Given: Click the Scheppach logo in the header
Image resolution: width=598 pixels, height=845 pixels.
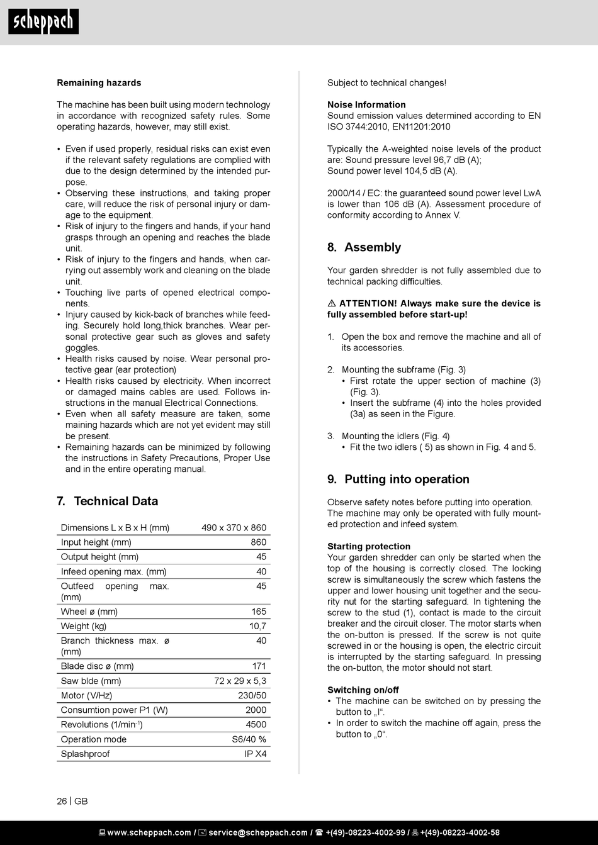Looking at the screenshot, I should click(x=43, y=22).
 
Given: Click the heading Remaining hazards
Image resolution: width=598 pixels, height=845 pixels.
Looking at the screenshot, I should click(x=99, y=83).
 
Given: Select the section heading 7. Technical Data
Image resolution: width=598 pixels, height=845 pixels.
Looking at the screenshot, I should click(x=107, y=501).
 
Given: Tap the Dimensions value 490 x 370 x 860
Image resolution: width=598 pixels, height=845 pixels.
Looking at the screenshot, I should click(x=234, y=528).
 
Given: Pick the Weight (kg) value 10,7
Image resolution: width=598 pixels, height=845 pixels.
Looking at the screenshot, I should click(x=257, y=626).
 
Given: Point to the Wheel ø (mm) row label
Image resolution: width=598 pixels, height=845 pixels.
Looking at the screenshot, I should click(x=89, y=612).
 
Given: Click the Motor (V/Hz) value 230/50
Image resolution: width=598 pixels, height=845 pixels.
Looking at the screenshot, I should click(x=252, y=695).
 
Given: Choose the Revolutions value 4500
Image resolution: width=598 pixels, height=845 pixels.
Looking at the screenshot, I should click(x=256, y=725).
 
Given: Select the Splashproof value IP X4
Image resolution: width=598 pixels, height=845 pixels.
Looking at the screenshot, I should click(x=255, y=754).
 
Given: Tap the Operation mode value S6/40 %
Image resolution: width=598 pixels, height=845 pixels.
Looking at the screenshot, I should click(x=249, y=739).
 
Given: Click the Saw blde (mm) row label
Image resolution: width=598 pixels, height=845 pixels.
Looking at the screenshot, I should click(x=91, y=681).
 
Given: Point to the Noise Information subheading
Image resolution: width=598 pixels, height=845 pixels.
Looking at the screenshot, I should click(x=366, y=105).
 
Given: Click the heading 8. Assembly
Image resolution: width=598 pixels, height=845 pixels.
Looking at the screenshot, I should click(x=364, y=247).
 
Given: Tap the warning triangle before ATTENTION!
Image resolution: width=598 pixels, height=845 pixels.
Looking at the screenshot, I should click(x=332, y=304).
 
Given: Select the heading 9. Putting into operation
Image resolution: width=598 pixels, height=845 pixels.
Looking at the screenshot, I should click(x=398, y=479).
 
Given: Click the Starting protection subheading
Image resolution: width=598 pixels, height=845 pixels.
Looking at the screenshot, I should click(x=369, y=547).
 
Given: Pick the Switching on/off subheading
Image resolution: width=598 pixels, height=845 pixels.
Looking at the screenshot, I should click(x=363, y=690).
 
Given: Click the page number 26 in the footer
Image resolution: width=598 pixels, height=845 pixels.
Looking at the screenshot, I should click(x=62, y=801).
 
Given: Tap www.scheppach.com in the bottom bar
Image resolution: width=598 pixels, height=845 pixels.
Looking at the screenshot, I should click(x=149, y=833).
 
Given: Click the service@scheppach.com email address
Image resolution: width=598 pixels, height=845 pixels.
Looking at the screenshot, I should click(x=257, y=833).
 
